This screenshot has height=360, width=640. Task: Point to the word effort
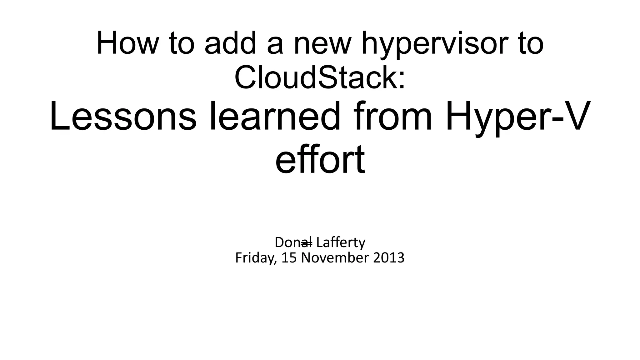pos(320,160)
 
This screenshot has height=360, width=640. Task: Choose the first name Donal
pos(293,242)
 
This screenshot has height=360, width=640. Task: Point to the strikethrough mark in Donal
pos(307,243)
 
